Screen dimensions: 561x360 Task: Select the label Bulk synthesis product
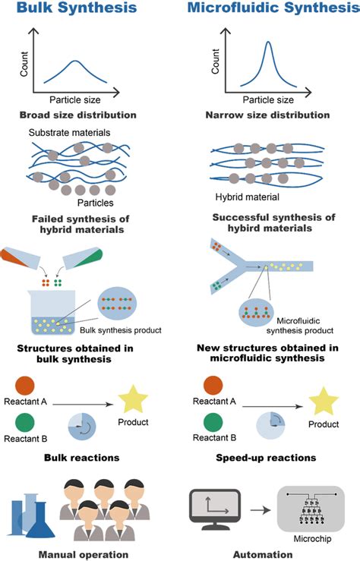[x=118, y=330]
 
